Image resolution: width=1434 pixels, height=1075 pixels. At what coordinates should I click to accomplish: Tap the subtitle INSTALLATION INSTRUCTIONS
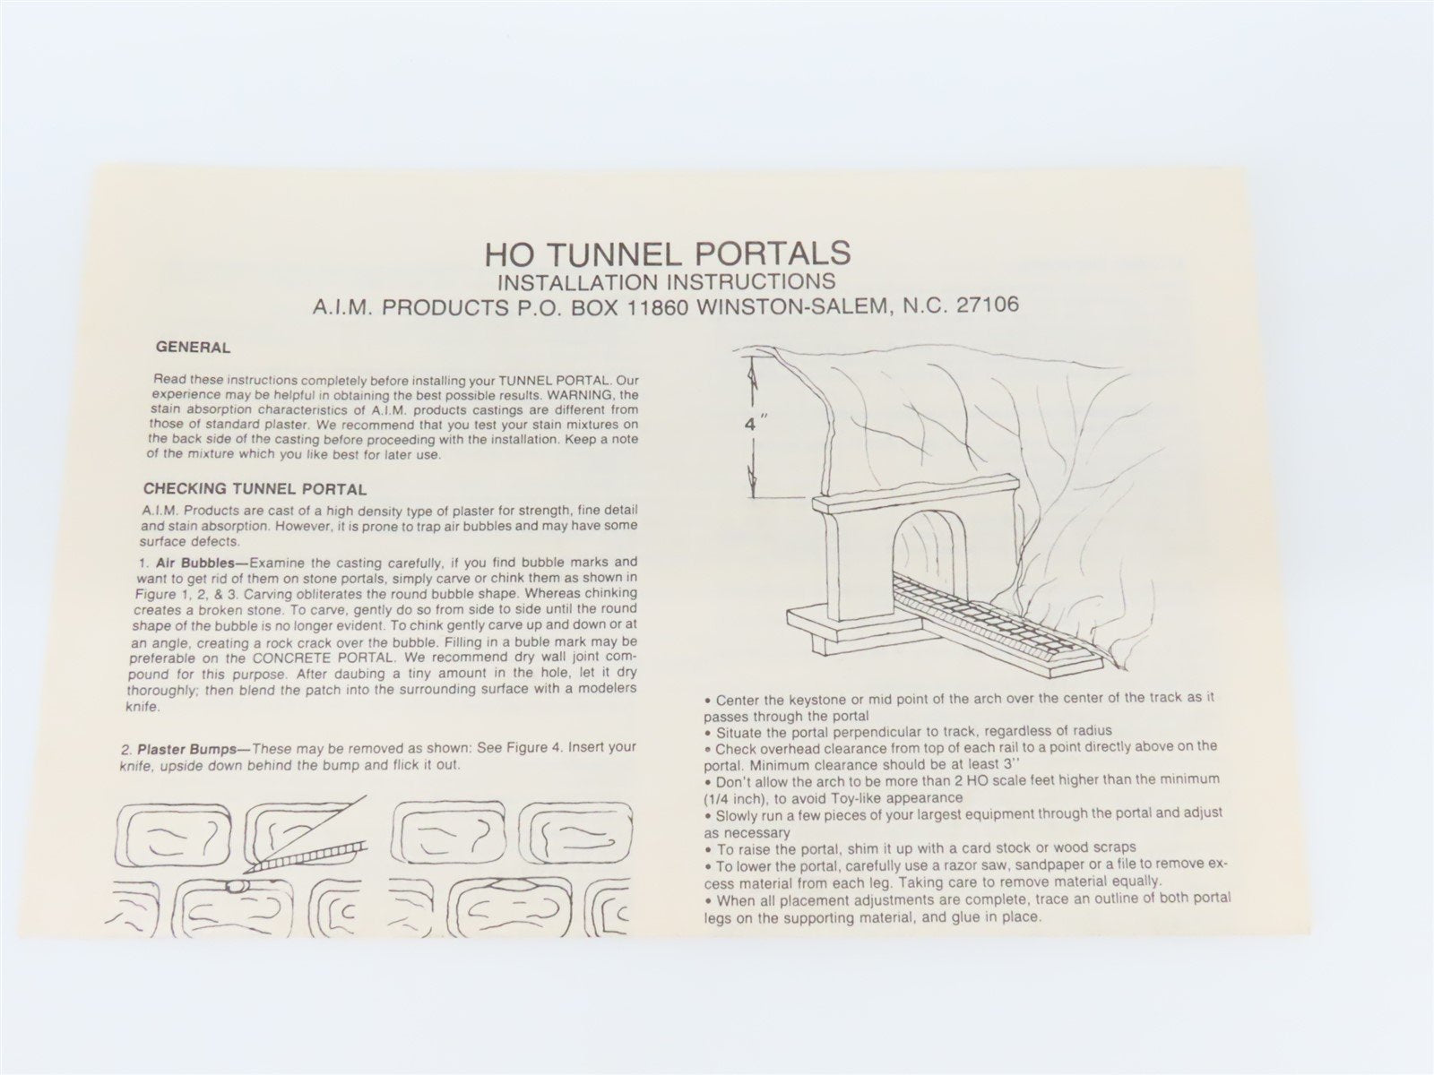pos(667,282)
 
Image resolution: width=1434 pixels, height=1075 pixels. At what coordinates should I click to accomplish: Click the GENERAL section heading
pos(193,348)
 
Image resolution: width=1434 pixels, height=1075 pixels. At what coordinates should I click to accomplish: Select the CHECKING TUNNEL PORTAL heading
pos(255,489)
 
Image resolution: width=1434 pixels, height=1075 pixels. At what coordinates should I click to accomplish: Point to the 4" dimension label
pos(752,426)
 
